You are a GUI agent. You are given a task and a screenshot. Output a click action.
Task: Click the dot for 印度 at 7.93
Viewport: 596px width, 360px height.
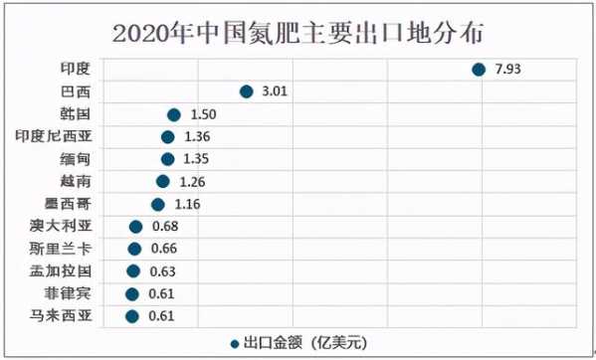tap(478, 69)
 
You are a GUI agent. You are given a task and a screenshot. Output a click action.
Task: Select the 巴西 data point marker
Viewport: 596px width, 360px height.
tap(246, 91)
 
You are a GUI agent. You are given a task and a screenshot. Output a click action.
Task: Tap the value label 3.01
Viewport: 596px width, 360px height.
tap(274, 91)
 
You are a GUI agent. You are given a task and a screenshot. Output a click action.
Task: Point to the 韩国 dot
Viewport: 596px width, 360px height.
tap(174, 114)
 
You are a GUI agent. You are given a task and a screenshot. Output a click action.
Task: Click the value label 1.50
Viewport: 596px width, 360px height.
tap(202, 114)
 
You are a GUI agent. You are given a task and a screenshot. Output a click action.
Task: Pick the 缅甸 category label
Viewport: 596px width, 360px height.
tap(75, 159)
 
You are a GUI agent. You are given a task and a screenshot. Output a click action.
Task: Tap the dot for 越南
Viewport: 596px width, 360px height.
tap(162, 181)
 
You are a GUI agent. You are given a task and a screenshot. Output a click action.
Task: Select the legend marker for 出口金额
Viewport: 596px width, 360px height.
tap(234, 342)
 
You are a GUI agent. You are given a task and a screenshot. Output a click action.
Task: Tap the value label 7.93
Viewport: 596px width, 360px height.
tap(507, 69)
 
